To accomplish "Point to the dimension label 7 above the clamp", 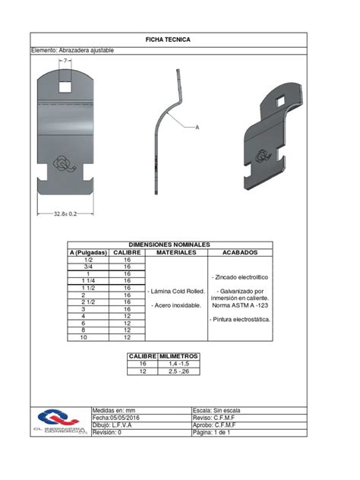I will (x=66, y=60).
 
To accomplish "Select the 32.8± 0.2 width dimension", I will (x=66, y=215).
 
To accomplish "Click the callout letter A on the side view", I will (x=197, y=128).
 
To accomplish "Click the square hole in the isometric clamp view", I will (x=280, y=103).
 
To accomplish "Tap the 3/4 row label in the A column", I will (x=90, y=267).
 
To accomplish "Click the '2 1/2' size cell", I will (x=90, y=302).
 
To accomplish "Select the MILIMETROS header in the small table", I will (x=179, y=355).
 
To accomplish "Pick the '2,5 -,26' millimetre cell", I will (x=179, y=371).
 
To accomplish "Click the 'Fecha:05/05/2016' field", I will (x=116, y=417).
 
